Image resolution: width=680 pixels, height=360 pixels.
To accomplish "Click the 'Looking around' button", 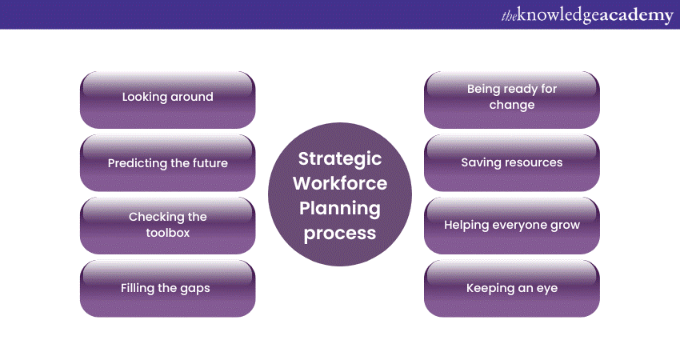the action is tap(167, 100).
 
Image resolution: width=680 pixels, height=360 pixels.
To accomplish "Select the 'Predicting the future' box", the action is tap(167, 162).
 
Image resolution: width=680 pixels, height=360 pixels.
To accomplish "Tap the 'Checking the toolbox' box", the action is tap(167, 226).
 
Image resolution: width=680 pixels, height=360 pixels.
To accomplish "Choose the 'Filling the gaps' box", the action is tap(167, 289).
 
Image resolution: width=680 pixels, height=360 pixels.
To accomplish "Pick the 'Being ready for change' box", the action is tap(512, 100).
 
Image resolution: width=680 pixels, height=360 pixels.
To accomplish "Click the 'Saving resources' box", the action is tap(512, 162).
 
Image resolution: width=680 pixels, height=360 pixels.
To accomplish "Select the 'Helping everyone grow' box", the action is tap(512, 226).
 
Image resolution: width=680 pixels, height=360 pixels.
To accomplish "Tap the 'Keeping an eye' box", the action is tap(512, 289).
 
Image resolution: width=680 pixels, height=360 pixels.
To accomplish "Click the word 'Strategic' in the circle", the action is tap(340, 159).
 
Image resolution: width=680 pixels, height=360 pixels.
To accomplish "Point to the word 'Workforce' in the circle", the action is tap(340, 183).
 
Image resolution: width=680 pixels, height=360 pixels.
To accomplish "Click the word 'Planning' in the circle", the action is tap(340, 209).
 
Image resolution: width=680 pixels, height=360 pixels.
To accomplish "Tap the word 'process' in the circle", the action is tap(340, 234).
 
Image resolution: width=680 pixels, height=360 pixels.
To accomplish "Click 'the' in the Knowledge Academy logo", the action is tap(509, 16).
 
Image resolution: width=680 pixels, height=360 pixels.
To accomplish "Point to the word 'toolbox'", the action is tap(168, 233).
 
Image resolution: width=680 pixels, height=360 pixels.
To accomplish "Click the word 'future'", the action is tap(210, 163).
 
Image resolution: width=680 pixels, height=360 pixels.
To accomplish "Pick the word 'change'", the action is tap(512, 106).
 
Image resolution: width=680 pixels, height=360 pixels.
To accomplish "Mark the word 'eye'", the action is tap(547, 290).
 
